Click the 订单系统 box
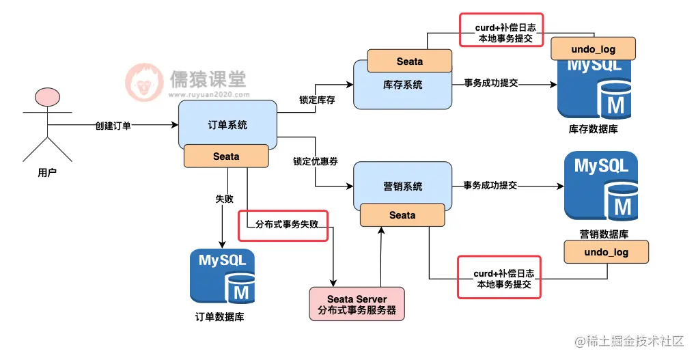point(227,125)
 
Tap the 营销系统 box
point(402,186)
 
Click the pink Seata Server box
point(357,304)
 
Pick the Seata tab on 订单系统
point(226,156)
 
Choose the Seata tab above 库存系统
point(410,61)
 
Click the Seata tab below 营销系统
point(402,215)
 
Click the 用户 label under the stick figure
point(47,173)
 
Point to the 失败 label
point(224,199)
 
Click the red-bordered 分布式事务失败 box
point(283,225)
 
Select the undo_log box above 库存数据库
point(593,48)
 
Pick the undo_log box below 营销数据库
point(606,252)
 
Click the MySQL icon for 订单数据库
point(222,276)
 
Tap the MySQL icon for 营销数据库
point(601,184)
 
